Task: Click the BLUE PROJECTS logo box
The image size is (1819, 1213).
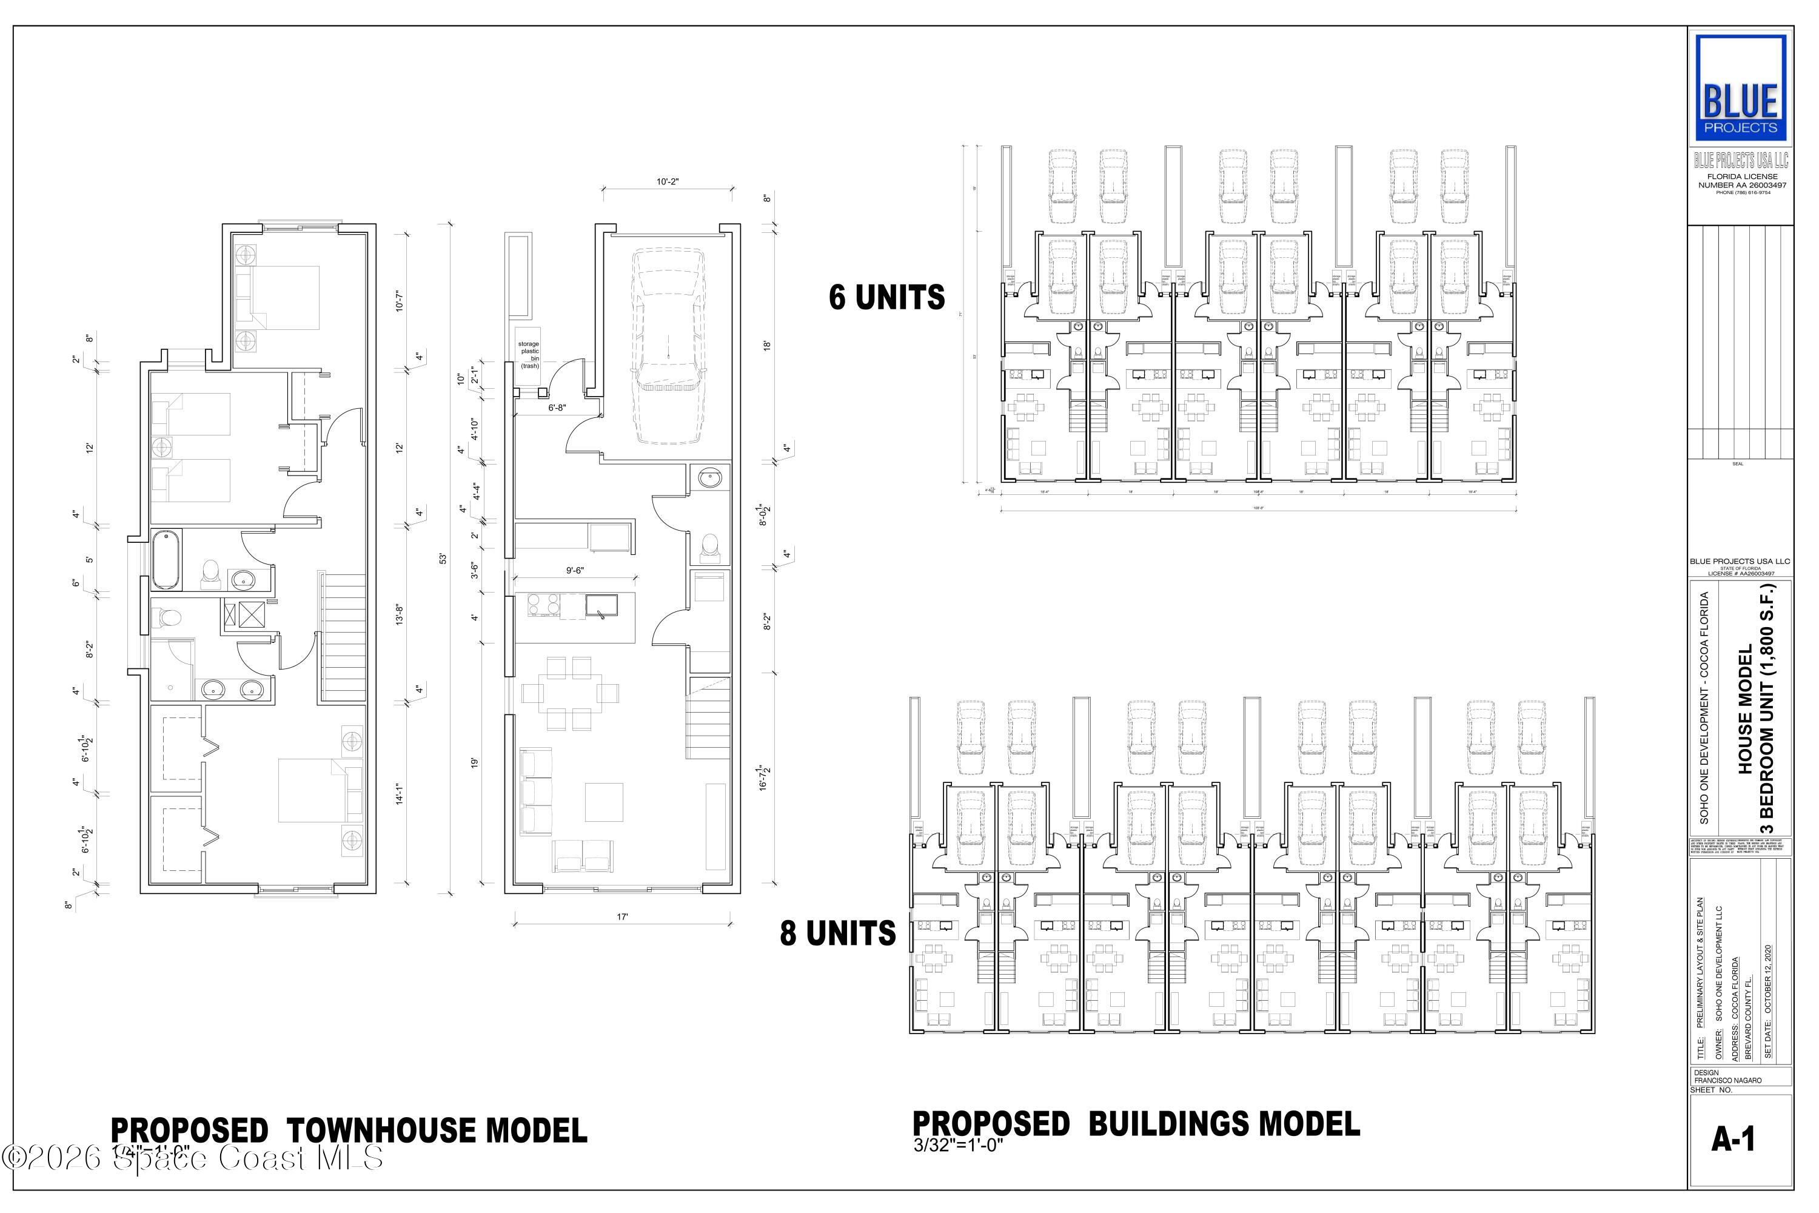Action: [1740, 87]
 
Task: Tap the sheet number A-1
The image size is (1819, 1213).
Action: [1732, 1140]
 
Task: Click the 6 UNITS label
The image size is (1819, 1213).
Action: [886, 298]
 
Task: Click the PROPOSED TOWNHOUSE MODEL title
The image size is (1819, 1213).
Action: [349, 1131]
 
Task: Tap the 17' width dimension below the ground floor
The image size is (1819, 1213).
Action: [623, 918]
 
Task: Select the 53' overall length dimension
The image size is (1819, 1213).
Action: [443, 558]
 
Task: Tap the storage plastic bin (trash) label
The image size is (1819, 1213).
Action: [529, 354]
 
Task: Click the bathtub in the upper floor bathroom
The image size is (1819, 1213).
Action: [166, 559]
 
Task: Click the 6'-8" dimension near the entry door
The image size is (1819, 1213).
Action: [557, 408]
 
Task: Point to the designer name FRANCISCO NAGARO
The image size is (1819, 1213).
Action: [1727, 1080]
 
